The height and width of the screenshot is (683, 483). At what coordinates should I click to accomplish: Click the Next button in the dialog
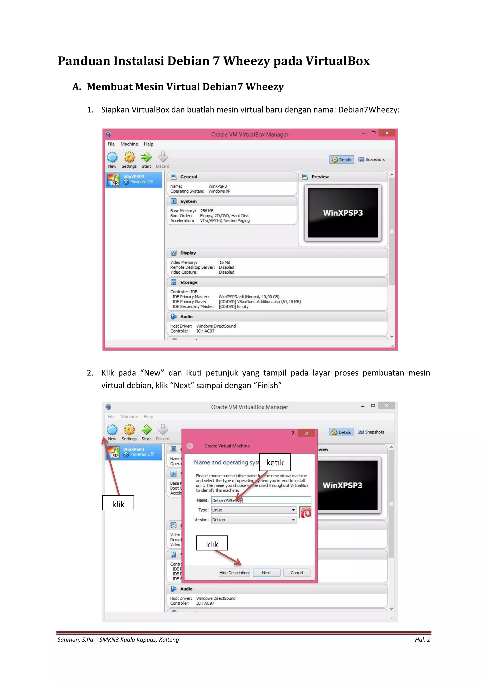pyautogui.click(x=266, y=573)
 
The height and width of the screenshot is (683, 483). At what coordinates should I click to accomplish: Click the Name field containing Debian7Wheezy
pyautogui.click(x=261, y=500)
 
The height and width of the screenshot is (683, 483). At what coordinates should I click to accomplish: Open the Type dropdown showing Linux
pyautogui.click(x=254, y=510)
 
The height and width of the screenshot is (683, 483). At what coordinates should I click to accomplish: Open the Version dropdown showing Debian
pyautogui.click(x=254, y=520)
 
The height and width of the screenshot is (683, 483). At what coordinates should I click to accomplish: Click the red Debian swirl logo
pyautogui.click(x=305, y=512)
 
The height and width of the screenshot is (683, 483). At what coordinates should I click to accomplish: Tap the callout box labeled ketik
pyautogui.click(x=275, y=462)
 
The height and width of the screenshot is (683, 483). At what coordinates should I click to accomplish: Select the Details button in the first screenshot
pyautogui.click(x=342, y=160)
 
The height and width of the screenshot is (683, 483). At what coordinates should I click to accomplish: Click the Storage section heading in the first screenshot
pyautogui.click(x=189, y=282)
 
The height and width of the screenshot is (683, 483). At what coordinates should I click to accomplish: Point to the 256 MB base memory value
pyautogui.click(x=207, y=211)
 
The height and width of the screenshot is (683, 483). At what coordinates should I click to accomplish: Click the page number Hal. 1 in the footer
pyautogui.click(x=422, y=640)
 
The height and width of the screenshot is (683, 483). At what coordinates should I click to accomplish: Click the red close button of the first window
pyautogui.click(x=387, y=133)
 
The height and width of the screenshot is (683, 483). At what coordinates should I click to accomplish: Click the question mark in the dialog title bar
pyautogui.click(x=293, y=433)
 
